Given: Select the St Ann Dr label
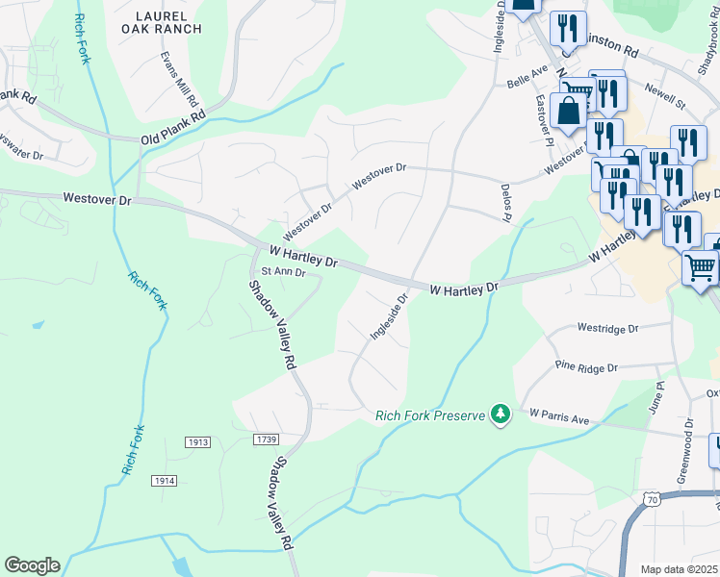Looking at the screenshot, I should pyautogui.click(x=283, y=272).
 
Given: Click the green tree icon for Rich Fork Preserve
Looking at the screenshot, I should pyautogui.click(x=500, y=413).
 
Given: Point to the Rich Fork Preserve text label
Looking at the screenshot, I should pyautogui.click(x=429, y=416).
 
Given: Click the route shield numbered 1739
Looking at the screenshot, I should pyautogui.click(x=268, y=439).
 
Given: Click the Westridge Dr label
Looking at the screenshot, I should pyautogui.click(x=607, y=328).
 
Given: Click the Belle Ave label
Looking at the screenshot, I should pyautogui.click(x=527, y=77).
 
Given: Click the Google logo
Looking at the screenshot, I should pyautogui.click(x=32, y=565).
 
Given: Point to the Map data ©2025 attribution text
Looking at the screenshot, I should pyautogui.click(x=679, y=569).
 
